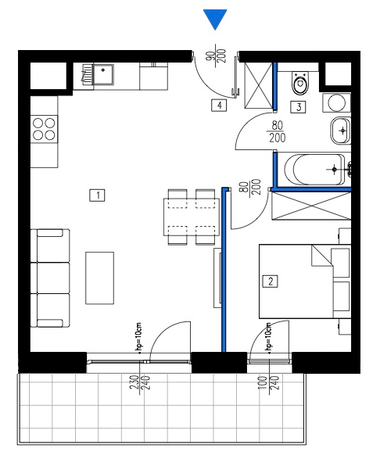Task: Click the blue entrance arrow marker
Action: [x=215, y=18]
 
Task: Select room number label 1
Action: [x=97, y=195]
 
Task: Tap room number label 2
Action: [x=271, y=281]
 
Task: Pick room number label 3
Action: [x=298, y=107]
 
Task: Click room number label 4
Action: [x=219, y=105]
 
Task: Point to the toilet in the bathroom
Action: [x=301, y=83]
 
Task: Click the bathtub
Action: [x=315, y=170]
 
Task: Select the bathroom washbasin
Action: [x=340, y=131]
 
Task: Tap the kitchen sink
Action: [x=102, y=74]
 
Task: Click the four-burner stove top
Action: [x=44, y=129]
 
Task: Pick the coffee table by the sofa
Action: [x=99, y=278]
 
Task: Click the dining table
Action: [x=192, y=217]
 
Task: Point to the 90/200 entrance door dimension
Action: [x=217, y=56]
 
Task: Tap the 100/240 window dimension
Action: [x=269, y=385]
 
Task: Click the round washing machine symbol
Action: [x=337, y=102]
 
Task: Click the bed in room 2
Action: [x=305, y=281]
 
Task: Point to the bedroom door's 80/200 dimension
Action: [x=249, y=188]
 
